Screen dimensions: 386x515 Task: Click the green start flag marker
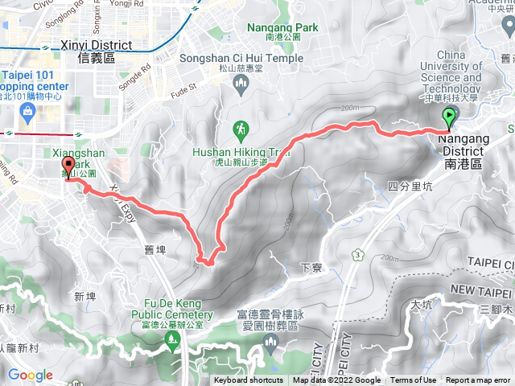pos(449,118)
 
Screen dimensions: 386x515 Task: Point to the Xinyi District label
pos(88,52)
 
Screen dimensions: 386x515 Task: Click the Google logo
pos(31,375)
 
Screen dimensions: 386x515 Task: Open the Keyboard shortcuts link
pos(249,380)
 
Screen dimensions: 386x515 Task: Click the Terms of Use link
pos(414,380)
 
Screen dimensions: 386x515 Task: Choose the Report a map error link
pos(478,380)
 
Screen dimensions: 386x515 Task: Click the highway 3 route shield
pos(356,257)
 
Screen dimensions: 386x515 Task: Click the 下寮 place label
pos(311,266)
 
